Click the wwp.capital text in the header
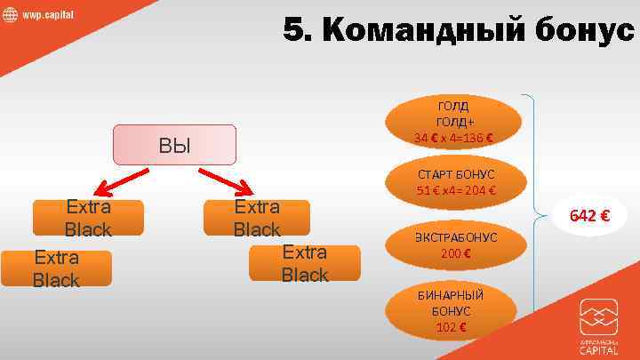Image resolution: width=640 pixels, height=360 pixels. pyautogui.click(x=48, y=16)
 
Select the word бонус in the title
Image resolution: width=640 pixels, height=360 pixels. pyautogui.click(x=579, y=30)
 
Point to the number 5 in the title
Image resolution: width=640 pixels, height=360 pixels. pyautogui.click(x=296, y=30)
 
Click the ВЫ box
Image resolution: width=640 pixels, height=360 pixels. pyautogui.click(x=174, y=145)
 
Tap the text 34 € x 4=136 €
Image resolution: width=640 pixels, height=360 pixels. pyautogui.click(x=453, y=137)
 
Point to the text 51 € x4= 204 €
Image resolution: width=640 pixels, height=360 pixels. pyautogui.click(x=456, y=190)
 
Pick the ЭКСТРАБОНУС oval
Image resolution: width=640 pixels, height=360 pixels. pyautogui.click(x=456, y=246)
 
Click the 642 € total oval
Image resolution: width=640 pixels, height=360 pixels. pyautogui.click(x=588, y=215)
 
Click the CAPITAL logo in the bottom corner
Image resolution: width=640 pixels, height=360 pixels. pyautogui.click(x=598, y=327)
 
